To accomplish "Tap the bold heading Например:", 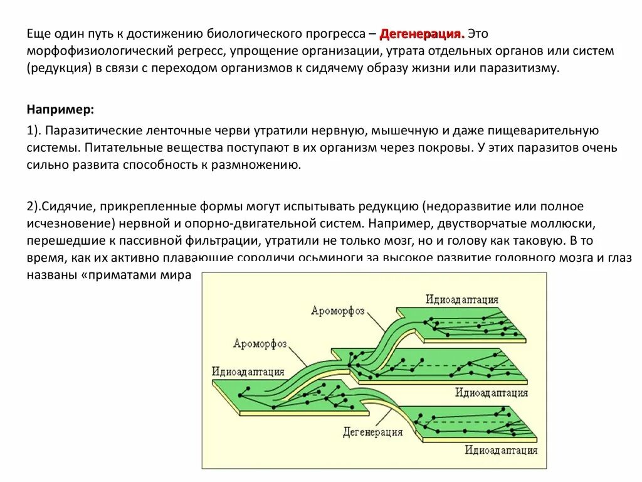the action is click(x=60, y=109).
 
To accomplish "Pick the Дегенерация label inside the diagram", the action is click(x=372, y=432).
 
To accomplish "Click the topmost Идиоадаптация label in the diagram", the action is click(x=461, y=299).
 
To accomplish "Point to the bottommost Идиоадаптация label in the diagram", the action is click(x=501, y=449).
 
